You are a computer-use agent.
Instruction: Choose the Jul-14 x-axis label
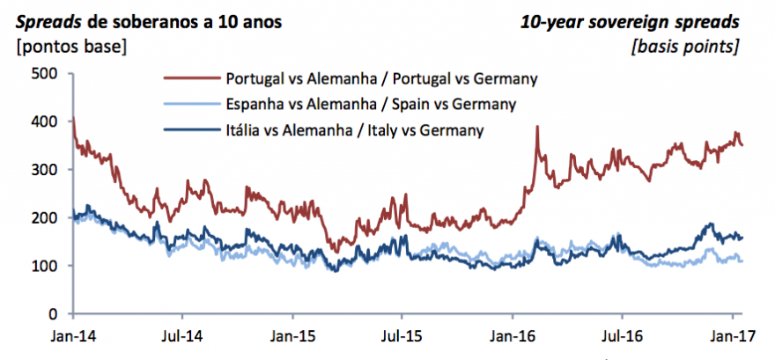pyautogui.click(x=181, y=335)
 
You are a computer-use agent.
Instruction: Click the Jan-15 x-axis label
pyautogui.click(x=292, y=335)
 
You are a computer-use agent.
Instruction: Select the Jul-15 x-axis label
pyautogui.click(x=402, y=335)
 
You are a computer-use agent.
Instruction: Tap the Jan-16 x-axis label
pyautogui.click(x=513, y=335)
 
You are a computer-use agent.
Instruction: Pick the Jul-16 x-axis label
pyautogui.click(x=622, y=335)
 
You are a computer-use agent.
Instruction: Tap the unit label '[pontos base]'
pyautogui.click(x=67, y=45)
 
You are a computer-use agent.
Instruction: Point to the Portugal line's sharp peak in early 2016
pyautogui.click(x=536, y=127)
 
